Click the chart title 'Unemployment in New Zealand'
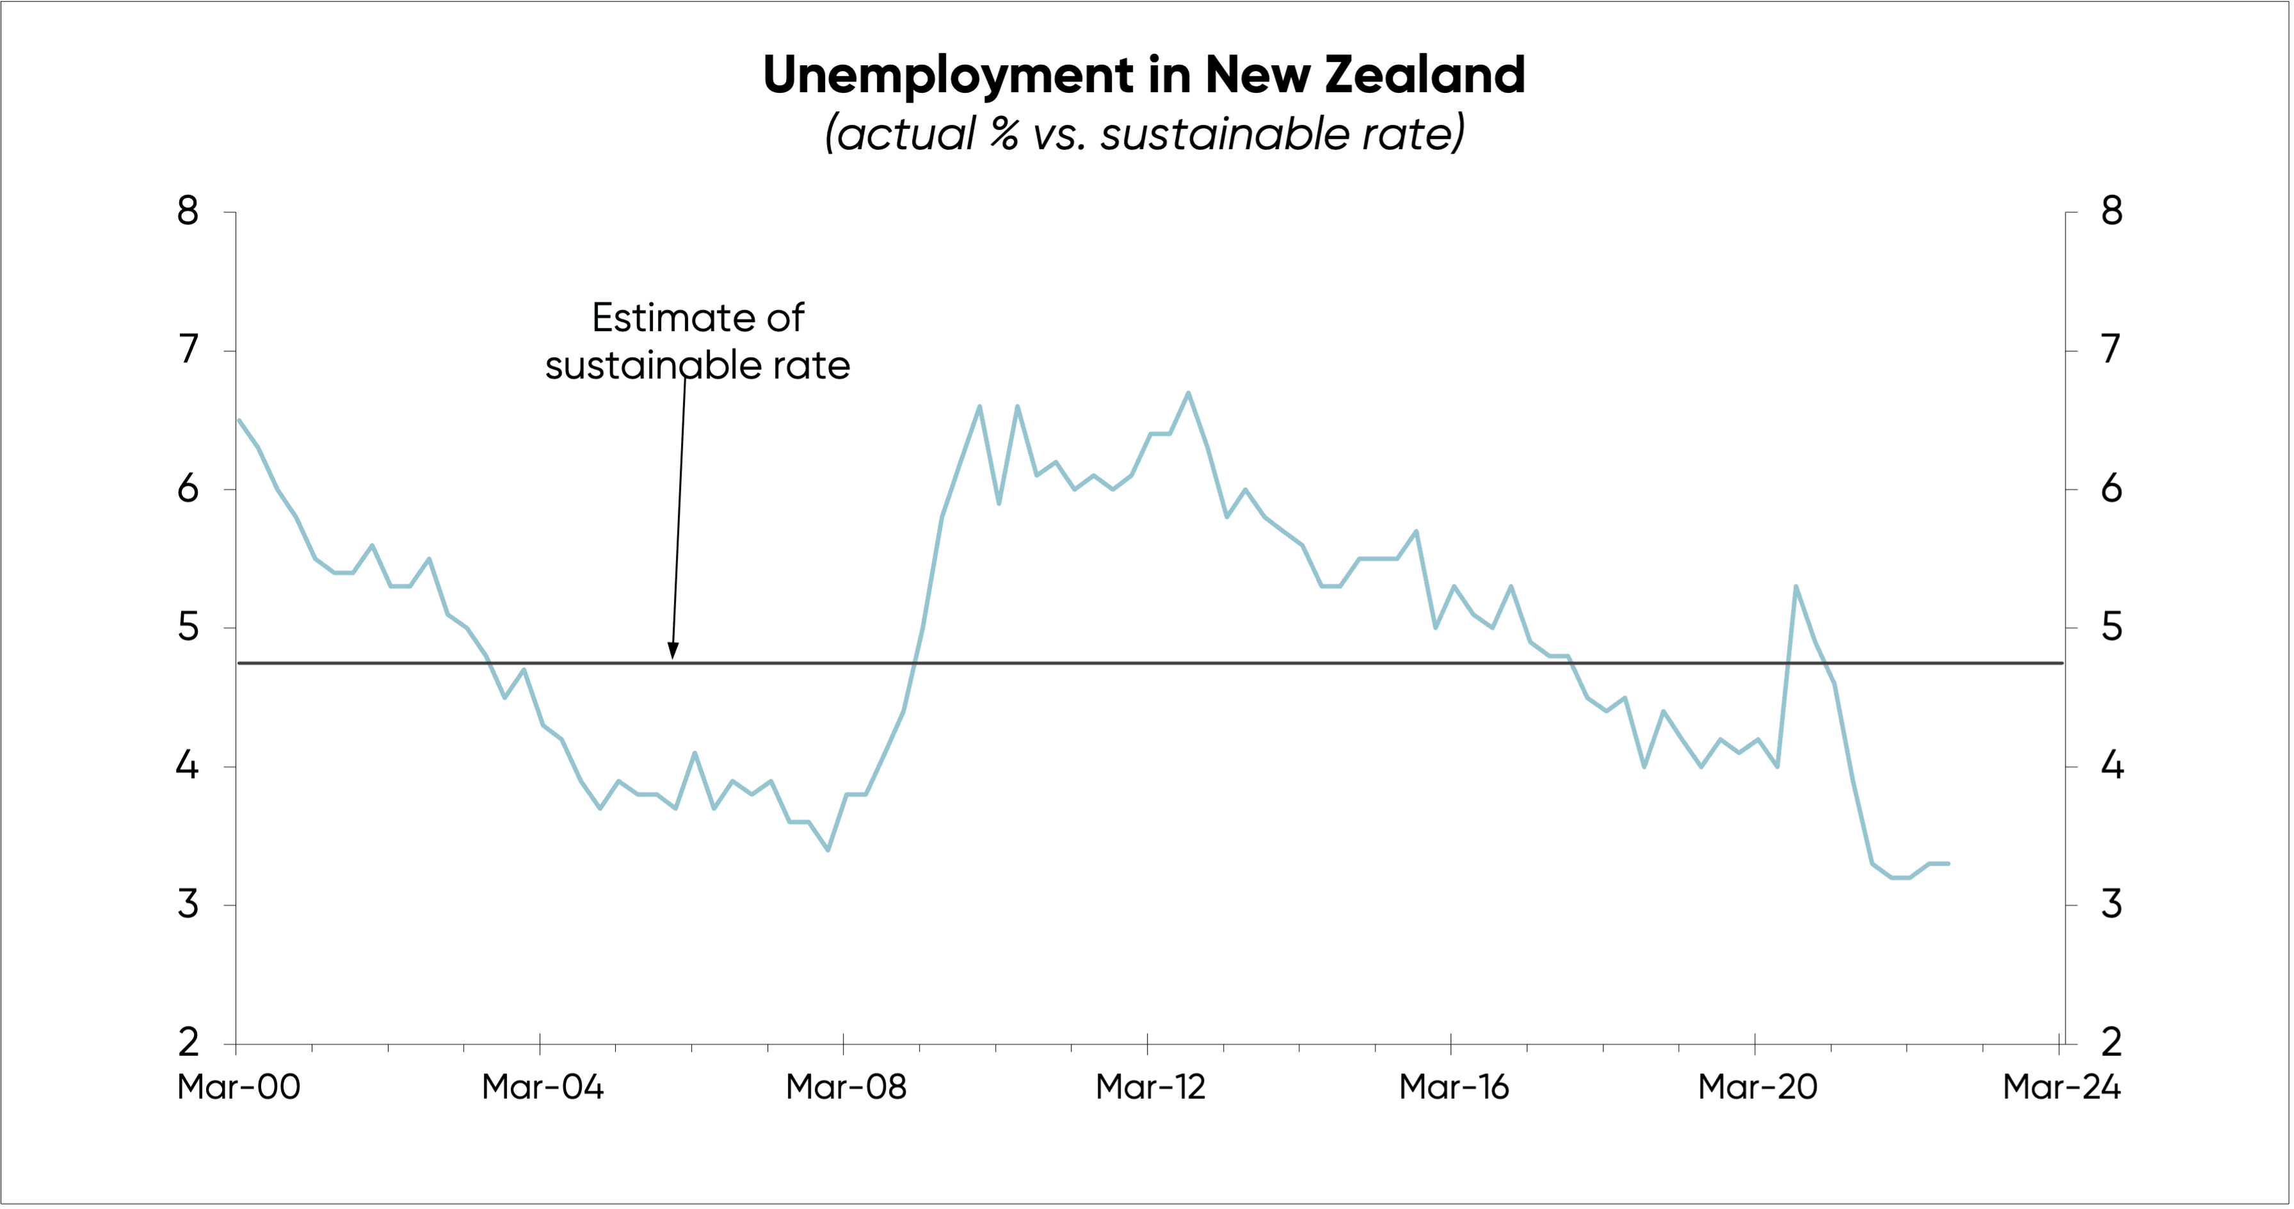coord(1144,75)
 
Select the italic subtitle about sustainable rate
coord(1144,134)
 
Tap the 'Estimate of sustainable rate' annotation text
coord(697,341)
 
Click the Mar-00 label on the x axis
coord(239,1087)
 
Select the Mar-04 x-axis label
coord(542,1087)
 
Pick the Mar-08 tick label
coord(846,1087)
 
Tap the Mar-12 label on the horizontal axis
coord(1150,1087)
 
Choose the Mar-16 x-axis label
coord(1454,1087)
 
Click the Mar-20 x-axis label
coord(1757,1087)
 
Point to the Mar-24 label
coord(2060,1087)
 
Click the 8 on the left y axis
coord(188,211)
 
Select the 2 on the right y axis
coord(2112,1043)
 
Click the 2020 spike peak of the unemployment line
coord(1795,586)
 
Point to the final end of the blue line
coord(1948,863)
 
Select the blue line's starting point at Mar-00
coord(239,419)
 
